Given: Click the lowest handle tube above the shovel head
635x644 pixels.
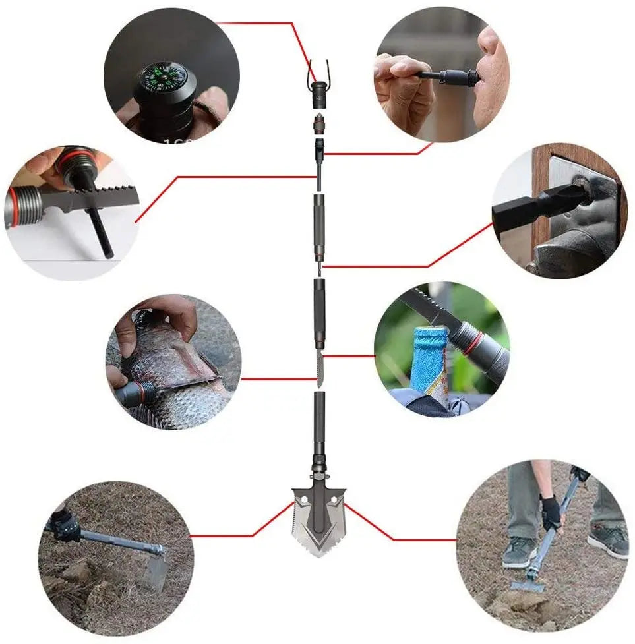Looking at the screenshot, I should [x=319, y=428].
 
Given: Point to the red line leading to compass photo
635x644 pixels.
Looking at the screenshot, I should [x=264, y=23].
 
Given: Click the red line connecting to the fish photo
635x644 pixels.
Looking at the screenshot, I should [x=277, y=379].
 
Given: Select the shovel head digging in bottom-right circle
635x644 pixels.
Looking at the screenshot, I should [x=528, y=585].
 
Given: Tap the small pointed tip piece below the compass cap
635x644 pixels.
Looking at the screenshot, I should [x=318, y=124].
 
